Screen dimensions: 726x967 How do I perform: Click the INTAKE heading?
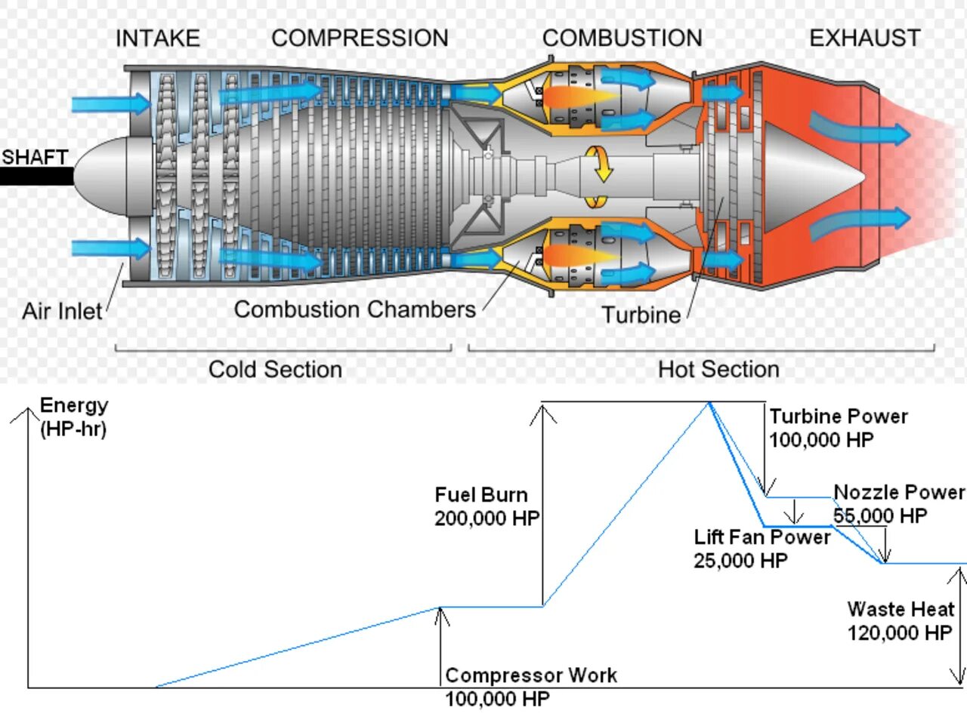(x=157, y=38)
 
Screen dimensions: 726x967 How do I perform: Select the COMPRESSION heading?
(x=360, y=38)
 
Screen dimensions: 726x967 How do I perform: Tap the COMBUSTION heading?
(x=622, y=38)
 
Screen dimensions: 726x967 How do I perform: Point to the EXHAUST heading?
(x=865, y=38)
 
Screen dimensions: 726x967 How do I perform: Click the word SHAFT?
(x=35, y=157)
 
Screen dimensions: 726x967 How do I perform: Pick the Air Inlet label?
(x=61, y=311)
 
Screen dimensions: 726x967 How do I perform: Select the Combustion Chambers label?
(x=354, y=309)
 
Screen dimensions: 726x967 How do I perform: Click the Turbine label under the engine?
(x=641, y=315)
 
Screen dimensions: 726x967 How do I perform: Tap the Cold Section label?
(x=275, y=369)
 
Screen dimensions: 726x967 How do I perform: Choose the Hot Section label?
(x=718, y=369)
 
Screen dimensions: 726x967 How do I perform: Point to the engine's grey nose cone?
(x=106, y=175)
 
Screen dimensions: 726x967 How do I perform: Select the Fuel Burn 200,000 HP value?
(x=487, y=518)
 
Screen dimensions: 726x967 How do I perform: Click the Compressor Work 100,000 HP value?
(x=497, y=699)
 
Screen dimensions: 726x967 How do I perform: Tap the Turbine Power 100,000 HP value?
(x=821, y=440)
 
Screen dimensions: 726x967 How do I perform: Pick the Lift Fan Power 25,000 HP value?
(x=740, y=561)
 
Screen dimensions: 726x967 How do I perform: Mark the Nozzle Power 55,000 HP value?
(x=880, y=515)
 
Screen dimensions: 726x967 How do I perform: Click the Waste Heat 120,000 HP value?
(x=899, y=632)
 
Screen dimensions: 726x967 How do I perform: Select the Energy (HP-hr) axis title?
(x=73, y=417)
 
